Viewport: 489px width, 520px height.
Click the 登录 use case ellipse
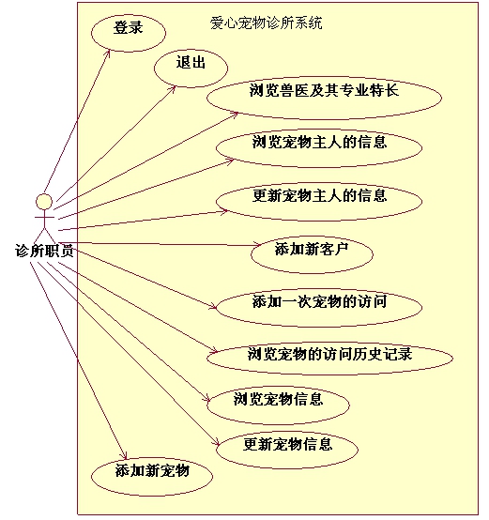(129, 33)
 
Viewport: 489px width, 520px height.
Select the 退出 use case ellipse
(191, 69)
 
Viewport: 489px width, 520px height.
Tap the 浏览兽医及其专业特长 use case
(324, 98)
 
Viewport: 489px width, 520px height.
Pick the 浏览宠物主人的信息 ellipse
(319, 147)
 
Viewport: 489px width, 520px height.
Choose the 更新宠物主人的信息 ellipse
(319, 201)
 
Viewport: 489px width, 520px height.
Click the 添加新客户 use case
(312, 254)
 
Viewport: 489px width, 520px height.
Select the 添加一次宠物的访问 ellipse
(319, 308)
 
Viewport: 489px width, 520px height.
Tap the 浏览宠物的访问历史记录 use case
(329, 359)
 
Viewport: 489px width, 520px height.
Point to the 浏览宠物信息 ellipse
(278, 405)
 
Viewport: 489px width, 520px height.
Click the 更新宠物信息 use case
(287, 450)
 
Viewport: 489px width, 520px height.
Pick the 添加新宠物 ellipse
(152, 476)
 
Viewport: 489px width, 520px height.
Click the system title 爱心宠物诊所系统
(267, 23)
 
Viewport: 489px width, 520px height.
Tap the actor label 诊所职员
(44, 251)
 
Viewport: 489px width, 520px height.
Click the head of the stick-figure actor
(44, 201)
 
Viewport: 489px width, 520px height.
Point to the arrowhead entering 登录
(108, 53)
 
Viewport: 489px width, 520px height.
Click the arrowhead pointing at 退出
(174, 88)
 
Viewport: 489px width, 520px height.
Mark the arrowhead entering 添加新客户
(258, 245)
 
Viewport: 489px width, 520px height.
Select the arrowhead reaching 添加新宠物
(125, 456)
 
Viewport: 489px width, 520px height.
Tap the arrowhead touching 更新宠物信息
(217, 443)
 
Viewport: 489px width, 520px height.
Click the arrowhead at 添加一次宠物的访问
(214, 307)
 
